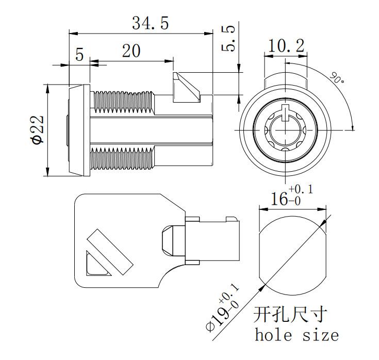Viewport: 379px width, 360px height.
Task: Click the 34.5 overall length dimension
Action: pyautogui.click(x=150, y=23)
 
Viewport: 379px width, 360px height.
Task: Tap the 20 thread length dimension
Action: pyautogui.click(x=131, y=51)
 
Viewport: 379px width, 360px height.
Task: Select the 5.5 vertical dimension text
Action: pyautogui.click(x=228, y=38)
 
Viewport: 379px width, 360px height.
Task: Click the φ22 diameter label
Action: pyautogui.click(x=37, y=129)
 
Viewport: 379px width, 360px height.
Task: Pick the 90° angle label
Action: pyautogui.click(x=337, y=77)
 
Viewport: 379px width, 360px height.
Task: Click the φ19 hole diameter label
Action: pyautogui.click(x=222, y=308)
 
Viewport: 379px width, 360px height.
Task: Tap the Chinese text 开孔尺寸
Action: pyautogui.click(x=290, y=314)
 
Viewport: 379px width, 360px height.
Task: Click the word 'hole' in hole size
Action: pyautogui.click(x=273, y=335)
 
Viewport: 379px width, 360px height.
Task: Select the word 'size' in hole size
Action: pyautogui.click(x=321, y=335)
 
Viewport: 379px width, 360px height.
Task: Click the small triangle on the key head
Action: pyautogui.click(x=96, y=264)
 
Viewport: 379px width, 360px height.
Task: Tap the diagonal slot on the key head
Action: pyautogui.click(x=110, y=252)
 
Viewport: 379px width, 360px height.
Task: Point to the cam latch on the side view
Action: pyautogui.click(x=186, y=87)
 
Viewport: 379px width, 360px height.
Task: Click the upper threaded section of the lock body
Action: pyautogui.click(x=123, y=102)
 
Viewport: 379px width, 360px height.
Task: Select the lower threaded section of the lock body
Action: pyautogui.click(x=122, y=159)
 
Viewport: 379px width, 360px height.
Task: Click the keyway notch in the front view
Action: pyautogui.click(x=286, y=112)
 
